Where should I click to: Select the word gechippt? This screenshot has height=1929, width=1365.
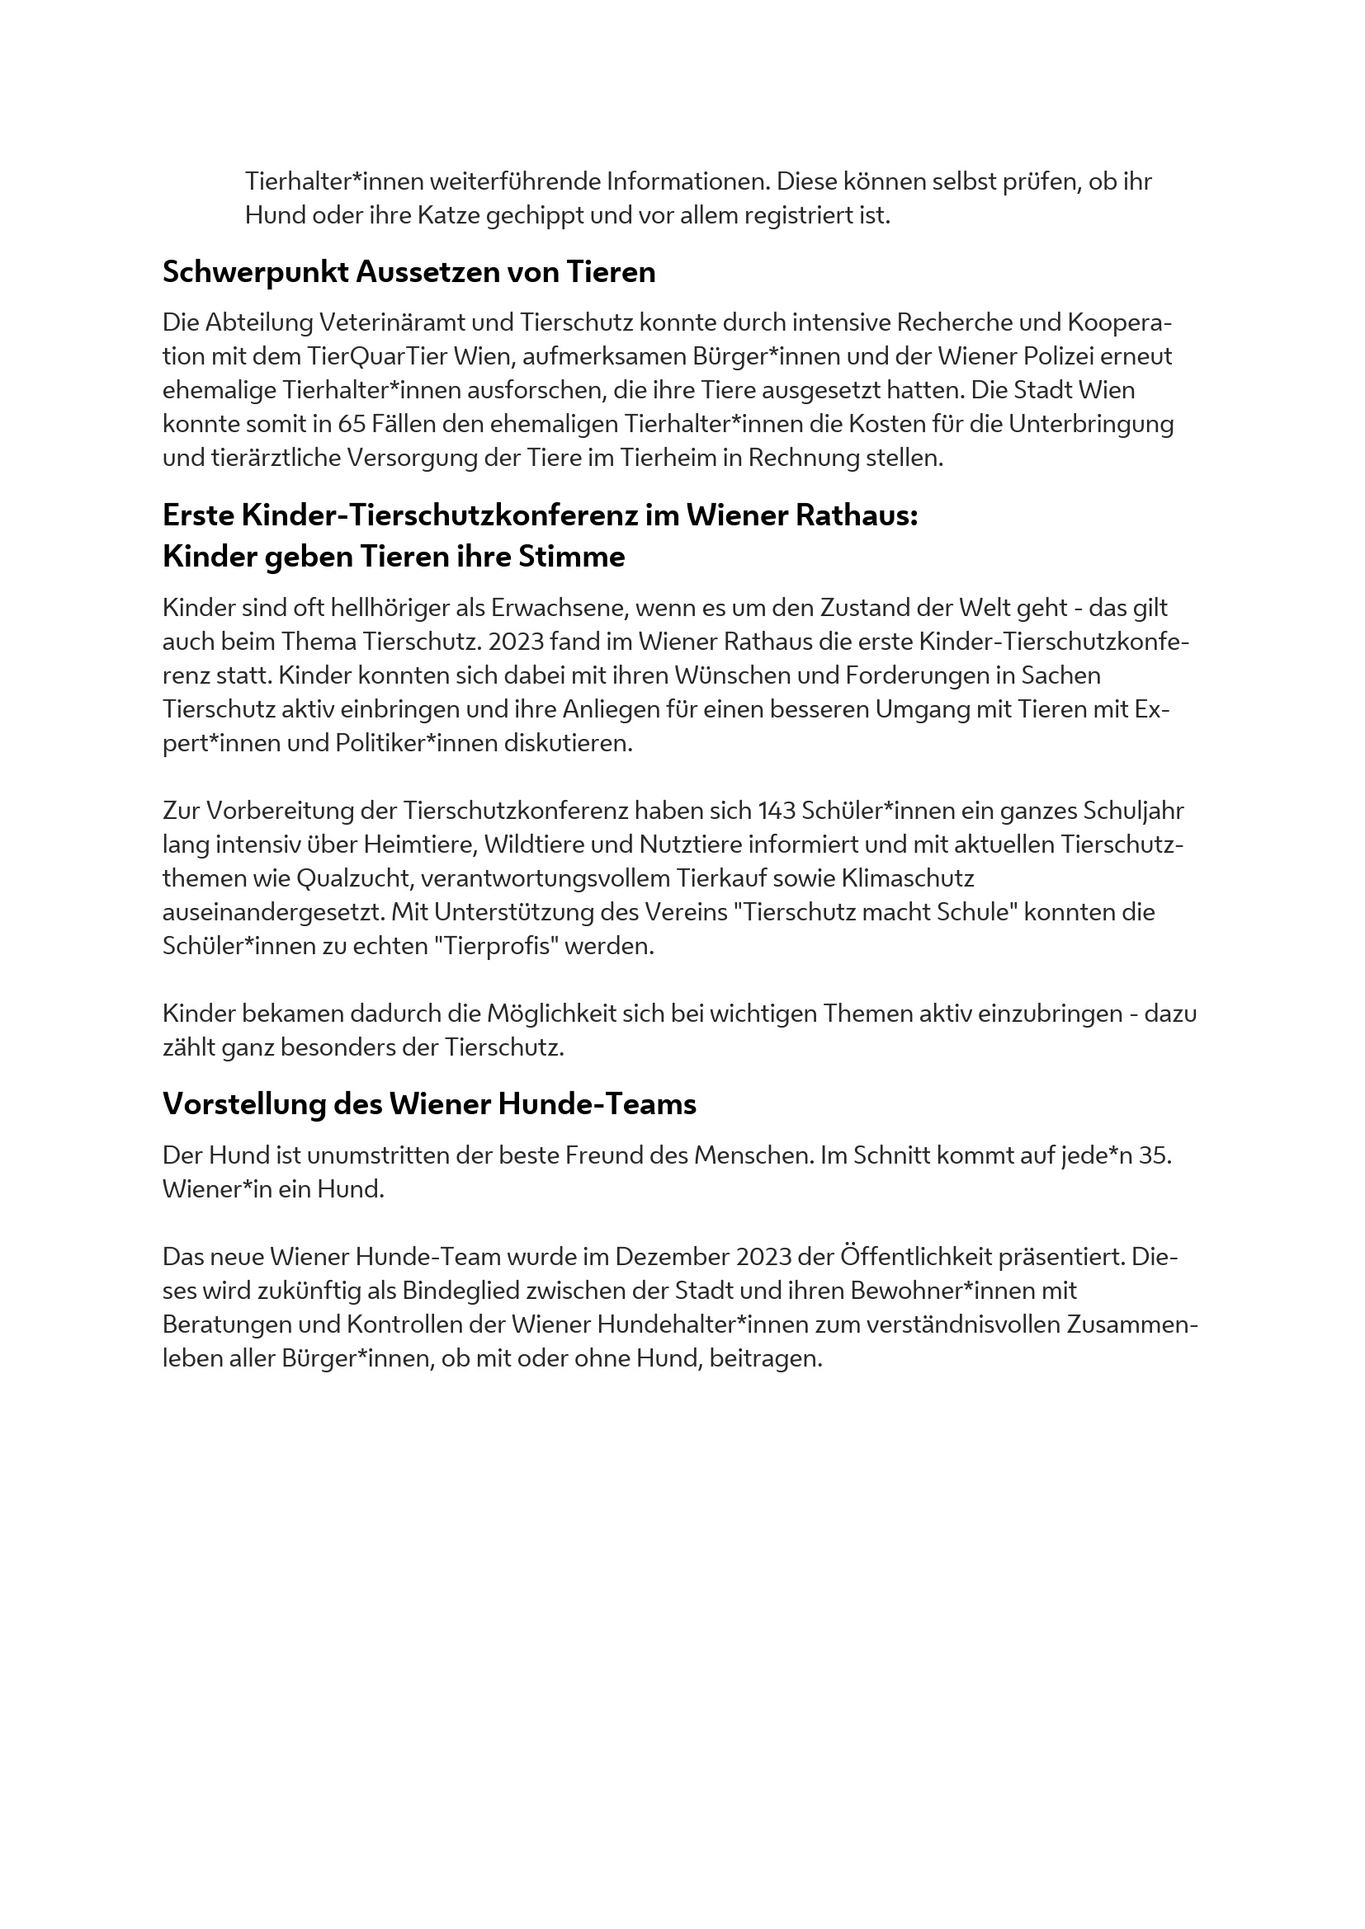point(535,216)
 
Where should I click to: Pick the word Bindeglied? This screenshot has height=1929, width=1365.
point(469,1291)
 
